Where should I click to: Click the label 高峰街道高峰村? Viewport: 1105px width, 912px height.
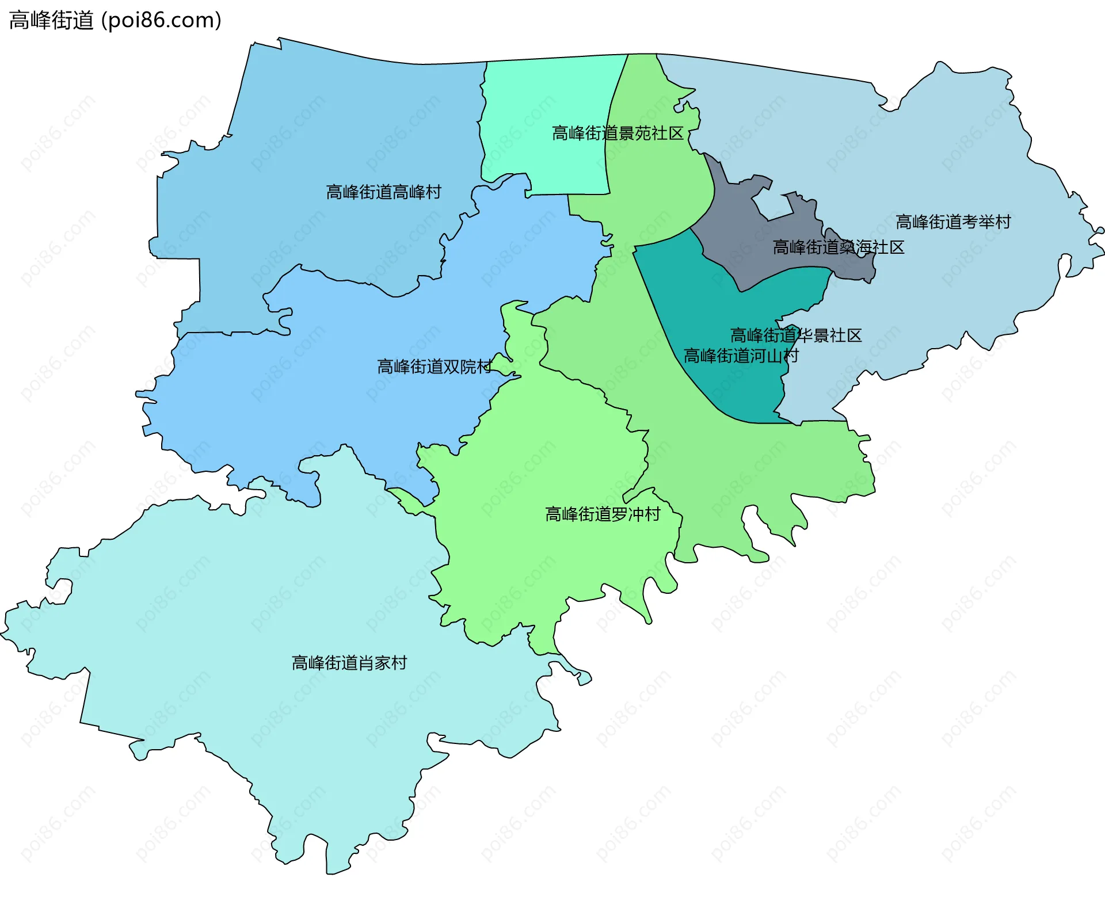(x=383, y=192)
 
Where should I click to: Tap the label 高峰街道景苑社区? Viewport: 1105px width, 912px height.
(x=618, y=133)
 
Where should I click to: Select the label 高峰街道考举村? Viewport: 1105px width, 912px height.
(x=953, y=222)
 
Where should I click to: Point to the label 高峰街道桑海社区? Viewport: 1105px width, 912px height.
(x=839, y=247)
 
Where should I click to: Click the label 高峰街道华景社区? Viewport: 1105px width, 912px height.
(x=796, y=335)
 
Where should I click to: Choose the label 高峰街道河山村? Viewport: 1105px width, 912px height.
(x=741, y=356)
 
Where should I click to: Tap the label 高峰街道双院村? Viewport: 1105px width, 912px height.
(x=434, y=367)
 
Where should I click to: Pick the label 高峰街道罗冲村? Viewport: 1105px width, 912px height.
(x=603, y=514)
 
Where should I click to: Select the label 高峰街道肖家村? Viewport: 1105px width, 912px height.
(x=349, y=663)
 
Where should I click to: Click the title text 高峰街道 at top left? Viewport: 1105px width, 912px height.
(x=51, y=21)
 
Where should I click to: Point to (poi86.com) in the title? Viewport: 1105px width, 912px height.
(x=161, y=21)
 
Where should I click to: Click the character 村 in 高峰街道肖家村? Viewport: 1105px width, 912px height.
(x=399, y=663)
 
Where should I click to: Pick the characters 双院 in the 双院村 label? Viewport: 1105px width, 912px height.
(x=459, y=367)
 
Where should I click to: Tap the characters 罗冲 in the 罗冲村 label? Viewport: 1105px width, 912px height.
(x=627, y=514)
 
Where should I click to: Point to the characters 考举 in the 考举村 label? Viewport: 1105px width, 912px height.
(x=978, y=222)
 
